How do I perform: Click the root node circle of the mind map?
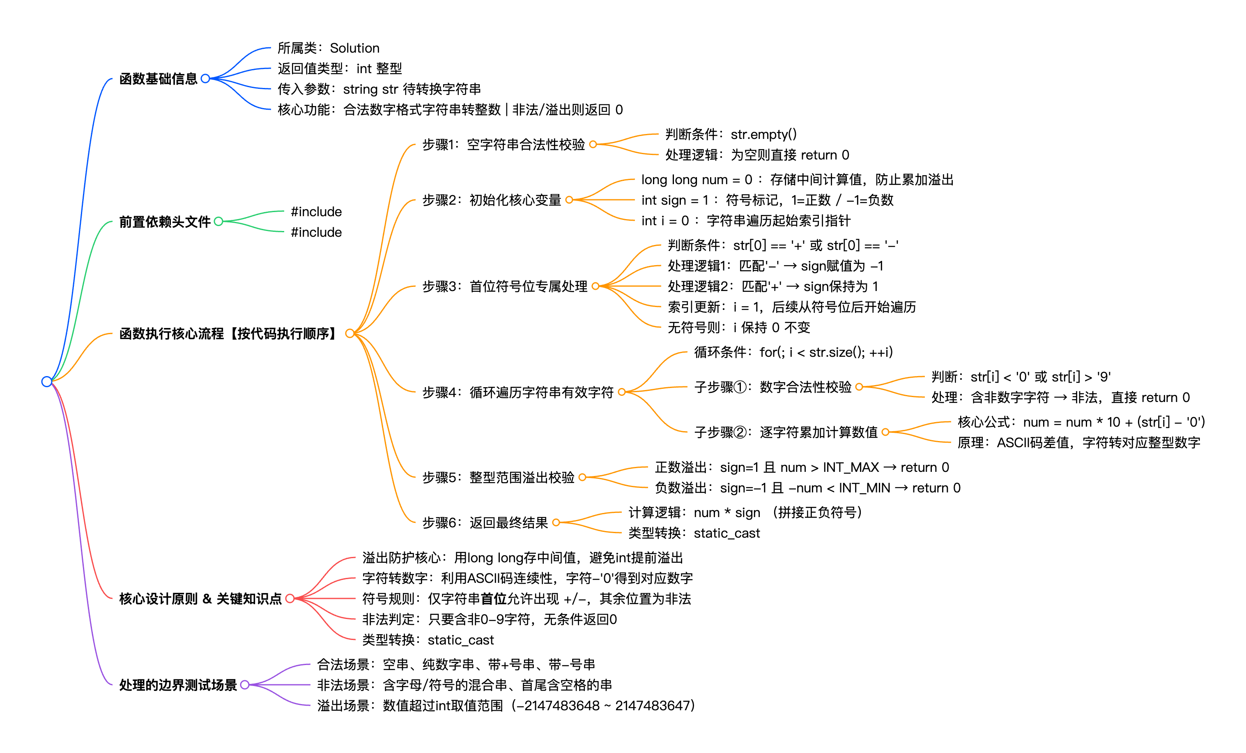point(46,381)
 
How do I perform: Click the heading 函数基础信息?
point(158,79)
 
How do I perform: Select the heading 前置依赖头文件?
point(164,222)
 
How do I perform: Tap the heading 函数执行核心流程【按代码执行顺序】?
point(229,333)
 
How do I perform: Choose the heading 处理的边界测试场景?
point(177,685)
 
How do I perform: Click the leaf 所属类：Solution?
point(328,48)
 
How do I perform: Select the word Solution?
point(354,48)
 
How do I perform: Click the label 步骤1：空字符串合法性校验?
point(503,145)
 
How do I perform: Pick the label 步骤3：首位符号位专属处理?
point(505,286)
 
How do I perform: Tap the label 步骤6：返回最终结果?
point(485,522)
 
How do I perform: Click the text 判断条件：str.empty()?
point(731,134)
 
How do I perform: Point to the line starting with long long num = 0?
point(797,180)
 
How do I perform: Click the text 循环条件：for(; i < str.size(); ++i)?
point(793,352)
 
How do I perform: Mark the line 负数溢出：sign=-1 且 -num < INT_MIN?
point(807,488)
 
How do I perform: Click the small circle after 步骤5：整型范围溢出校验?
point(582,477)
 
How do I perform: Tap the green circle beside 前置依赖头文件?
point(218,222)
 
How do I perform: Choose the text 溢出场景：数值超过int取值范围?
point(506,705)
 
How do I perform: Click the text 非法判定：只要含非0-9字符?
point(489,619)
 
